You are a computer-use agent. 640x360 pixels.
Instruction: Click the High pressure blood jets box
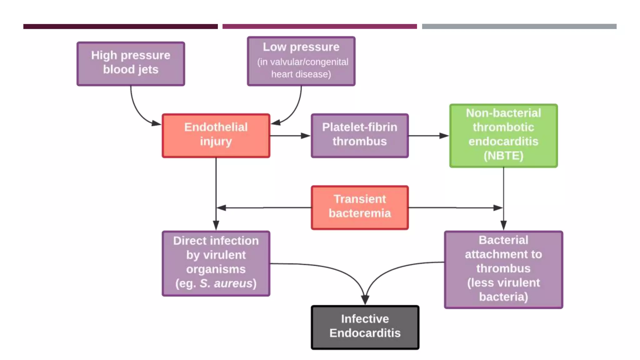click(x=131, y=64)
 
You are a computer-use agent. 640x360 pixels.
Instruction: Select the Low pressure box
click(x=301, y=61)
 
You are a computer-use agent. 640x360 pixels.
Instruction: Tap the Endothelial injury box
click(x=216, y=135)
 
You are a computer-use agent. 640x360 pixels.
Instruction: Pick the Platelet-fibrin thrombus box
click(x=359, y=135)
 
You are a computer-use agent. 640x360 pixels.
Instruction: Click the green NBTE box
click(x=503, y=135)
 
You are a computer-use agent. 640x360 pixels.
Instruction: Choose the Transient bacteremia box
click(x=359, y=207)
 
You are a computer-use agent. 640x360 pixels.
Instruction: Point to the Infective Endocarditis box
click(x=365, y=327)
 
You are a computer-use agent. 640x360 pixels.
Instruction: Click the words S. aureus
click(x=226, y=283)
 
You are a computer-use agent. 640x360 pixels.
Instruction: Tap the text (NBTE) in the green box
click(x=503, y=155)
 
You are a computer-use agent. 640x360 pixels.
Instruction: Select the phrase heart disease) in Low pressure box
click(x=301, y=74)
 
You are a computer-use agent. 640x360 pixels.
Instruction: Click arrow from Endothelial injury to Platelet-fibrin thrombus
click(x=290, y=136)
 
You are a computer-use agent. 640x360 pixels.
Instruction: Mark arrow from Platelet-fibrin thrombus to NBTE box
click(x=428, y=136)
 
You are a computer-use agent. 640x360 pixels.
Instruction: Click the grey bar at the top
click(x=519, y=27)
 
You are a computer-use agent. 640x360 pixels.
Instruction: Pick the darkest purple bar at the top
click(x=120, y=27)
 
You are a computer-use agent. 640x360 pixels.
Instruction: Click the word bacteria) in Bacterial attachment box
click(x=503, y=297)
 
